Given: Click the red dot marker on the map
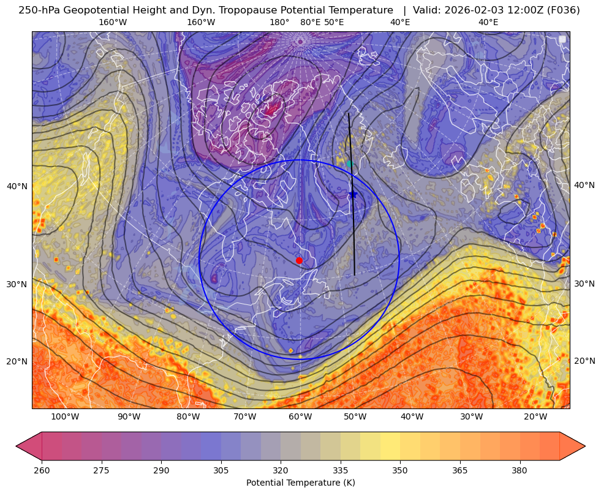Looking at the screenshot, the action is pyautogui.click(x=299, y=260).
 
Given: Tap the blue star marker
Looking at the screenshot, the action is pyautogui.click(x=353, y=195).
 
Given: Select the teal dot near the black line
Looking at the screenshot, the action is pyautogui.click(x=350, y=164).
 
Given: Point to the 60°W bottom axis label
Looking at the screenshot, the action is pyautogui.click(x=300, y=417).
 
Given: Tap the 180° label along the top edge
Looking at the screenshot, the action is pyautogui.click(x=279, y=23).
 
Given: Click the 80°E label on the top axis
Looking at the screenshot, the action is pyautogui.click(x=310, y=23).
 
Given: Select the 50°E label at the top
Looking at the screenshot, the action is pyautogui.click(x=334, y=23).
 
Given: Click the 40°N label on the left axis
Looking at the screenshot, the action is pyautogui.click(x=17, y=187).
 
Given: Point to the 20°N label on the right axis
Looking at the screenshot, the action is pyautogui.click(x=584, y=361).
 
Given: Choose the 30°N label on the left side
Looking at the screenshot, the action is pyautogui.click(x=17, y=284).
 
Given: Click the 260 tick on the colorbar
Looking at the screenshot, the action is pyautogui.click(x=42, y=470).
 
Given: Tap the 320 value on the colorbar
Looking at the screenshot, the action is pyautogui.click(x=281, y=470).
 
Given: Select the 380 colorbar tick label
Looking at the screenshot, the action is pyautogui.click(x=520, y=470).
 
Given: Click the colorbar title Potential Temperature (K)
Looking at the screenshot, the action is pyautogui.click(x=300, y=483).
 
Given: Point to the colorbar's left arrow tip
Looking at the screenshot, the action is pyautogui.click(x=16, y=446).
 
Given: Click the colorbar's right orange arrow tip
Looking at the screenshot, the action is pyautogui.click(x=585, y=446).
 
